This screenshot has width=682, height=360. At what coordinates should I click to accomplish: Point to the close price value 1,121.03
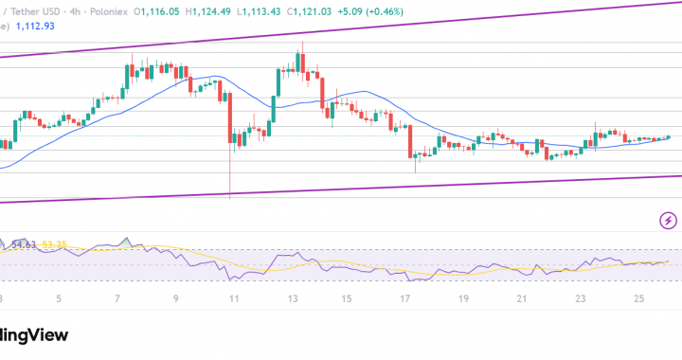(324, 9)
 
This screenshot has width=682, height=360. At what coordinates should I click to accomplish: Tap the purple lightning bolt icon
(668, 221)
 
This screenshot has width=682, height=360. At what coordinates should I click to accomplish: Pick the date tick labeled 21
(522, 298)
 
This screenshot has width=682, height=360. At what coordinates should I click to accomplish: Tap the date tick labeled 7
(117, 298)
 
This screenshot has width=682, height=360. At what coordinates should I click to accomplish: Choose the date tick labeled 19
(462, 298)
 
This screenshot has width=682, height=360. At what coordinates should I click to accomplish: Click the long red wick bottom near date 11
(230, 196)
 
